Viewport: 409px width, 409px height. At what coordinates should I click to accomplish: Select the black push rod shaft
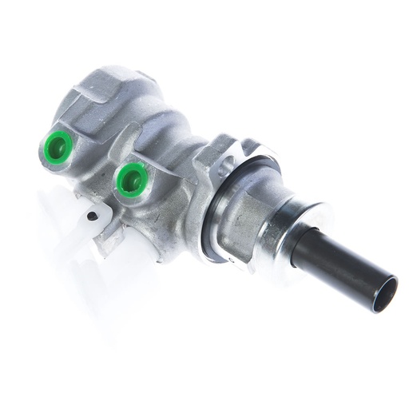pos(343,263)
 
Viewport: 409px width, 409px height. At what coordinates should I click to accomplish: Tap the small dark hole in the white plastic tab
pos(93,215)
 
